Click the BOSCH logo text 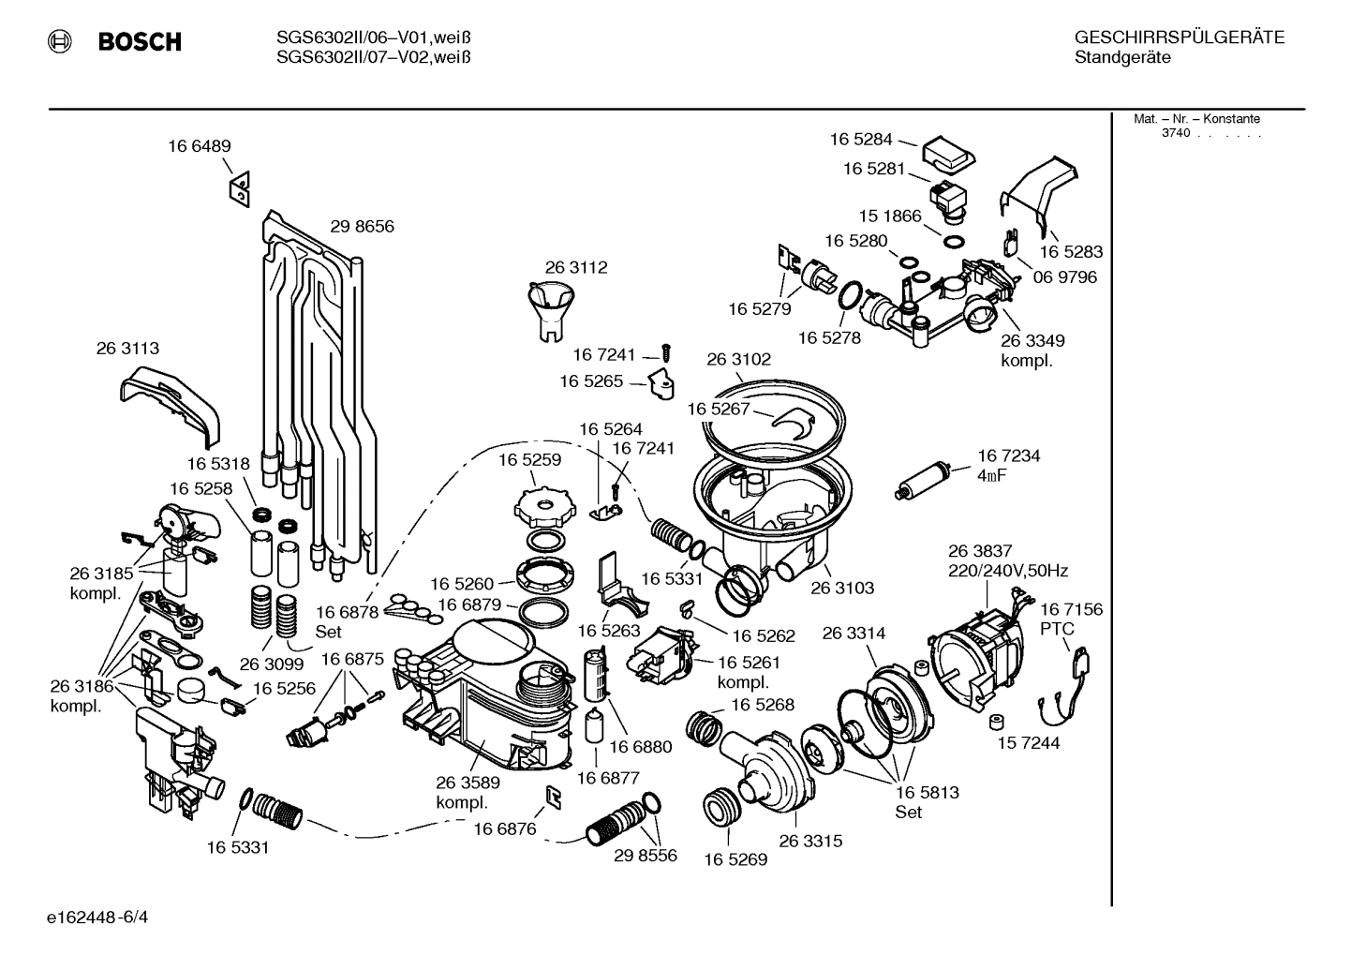pyautogui.click(x=140, y=42)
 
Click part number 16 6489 pyautogui.click(x=200, y=146)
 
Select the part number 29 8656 pyautogui.click(x=362, y=227)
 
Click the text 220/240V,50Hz pyautogui.click(x=1008, y=571)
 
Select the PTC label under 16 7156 pyautogui.click(x=1057, y=629)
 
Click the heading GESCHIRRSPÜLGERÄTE pyautogui.click(x=1179, y=38)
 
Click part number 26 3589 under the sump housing pyautogui.click(x=468, y=783)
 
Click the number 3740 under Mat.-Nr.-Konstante pyautogui.click(x=1175, y=133)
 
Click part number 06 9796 pyautogui.click(x=1064, y=277)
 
